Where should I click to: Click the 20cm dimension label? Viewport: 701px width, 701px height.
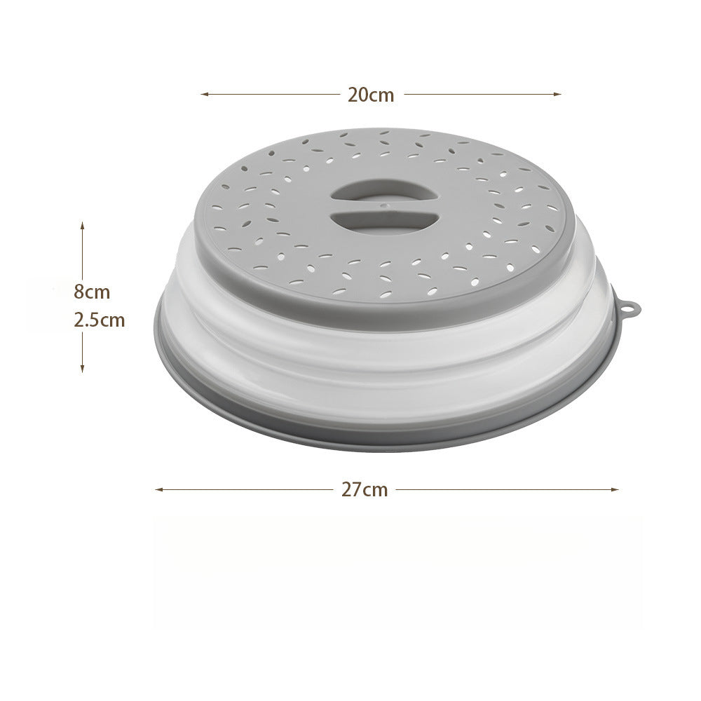coord(371,95)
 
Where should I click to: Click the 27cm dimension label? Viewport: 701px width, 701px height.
coord(365,489)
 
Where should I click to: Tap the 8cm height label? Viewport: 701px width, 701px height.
coord(92,292)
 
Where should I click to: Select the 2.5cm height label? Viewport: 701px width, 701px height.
coord(100,320)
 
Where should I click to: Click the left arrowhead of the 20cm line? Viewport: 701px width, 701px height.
coord(204,95)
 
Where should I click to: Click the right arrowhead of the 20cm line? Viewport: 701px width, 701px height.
coord(557,95)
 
